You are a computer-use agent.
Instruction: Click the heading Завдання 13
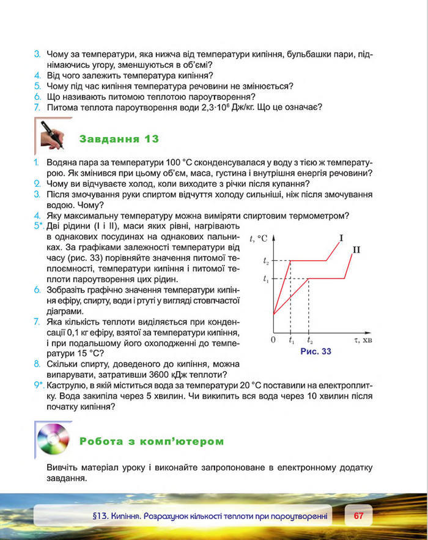[x=119, y=139]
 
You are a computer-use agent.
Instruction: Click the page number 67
[x=358, y=516]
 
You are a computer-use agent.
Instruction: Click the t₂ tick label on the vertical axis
[x=265, y=261]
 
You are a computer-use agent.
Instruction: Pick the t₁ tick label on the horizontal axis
[x=291, y=340]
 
